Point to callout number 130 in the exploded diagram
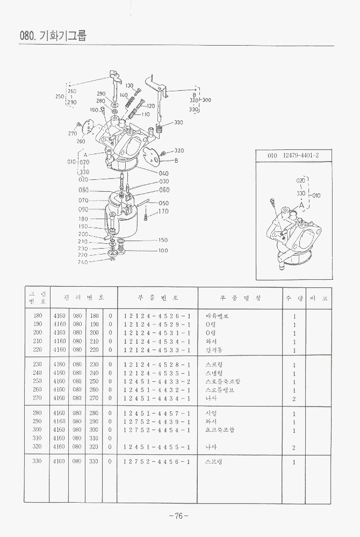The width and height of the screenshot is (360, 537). point(129,86)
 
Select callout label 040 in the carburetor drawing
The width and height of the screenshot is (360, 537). point(163,173)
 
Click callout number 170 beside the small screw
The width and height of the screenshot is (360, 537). point(163,212)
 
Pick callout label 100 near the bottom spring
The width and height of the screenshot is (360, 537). point(163,250)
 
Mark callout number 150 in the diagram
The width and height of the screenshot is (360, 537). point(163,240)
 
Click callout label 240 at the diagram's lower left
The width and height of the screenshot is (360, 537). point(83,262)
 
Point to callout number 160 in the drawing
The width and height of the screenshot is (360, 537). point(94,110)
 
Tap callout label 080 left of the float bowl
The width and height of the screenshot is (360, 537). point(83,190)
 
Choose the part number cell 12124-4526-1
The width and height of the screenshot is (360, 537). point(157,316)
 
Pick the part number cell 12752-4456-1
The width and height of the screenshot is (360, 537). point(157,461)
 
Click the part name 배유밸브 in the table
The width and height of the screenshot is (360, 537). point(217,316)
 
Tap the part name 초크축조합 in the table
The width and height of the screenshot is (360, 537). point(220,430)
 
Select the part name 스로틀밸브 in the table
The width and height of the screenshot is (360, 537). point(220,390)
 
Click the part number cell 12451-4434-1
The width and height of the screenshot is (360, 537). point(157,398)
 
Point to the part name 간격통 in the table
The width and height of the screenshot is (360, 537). point(214,350)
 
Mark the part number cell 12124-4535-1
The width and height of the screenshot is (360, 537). point(157,373)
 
